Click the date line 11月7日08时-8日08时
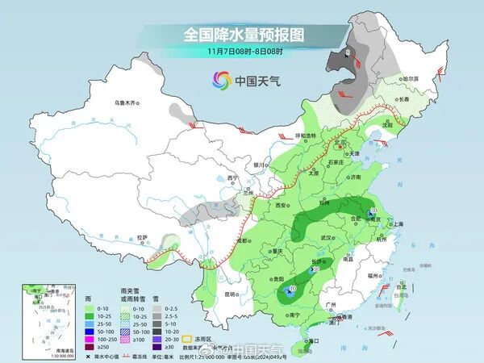243,51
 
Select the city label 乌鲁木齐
127,103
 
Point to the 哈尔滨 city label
411,78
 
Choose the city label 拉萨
143,237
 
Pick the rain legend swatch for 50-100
83,331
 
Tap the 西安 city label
282,206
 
